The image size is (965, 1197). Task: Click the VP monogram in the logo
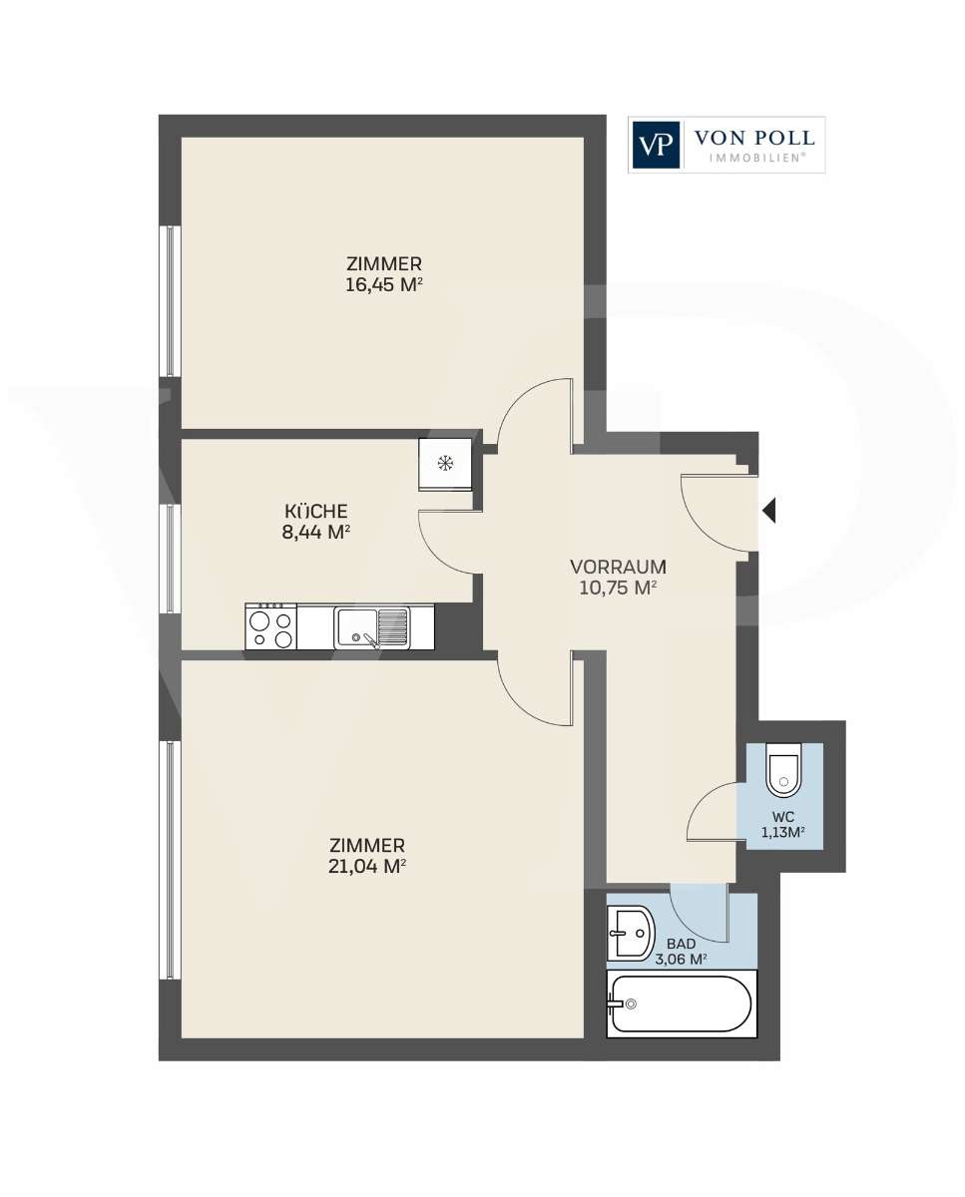click(x=655, y=145)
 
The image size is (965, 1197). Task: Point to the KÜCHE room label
click(x=315, y=511)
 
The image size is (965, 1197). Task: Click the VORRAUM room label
click(x=619, y=567)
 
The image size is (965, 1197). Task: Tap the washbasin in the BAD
click(x=631, y=934)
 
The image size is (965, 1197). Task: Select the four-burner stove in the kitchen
click(x=271, y=626)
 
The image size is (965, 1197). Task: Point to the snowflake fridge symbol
click(x=444, y=462)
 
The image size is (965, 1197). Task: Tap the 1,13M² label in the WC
click(x=783, y=832)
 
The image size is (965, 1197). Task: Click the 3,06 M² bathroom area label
click(x=682, y=959)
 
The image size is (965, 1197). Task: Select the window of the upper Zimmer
click(x=171, y=301)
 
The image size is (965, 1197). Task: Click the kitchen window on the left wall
click(x=171, y=559)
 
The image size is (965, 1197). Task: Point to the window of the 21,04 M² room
click(x=171, y=861)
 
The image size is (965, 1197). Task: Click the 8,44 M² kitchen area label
click(x=315, y=533)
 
